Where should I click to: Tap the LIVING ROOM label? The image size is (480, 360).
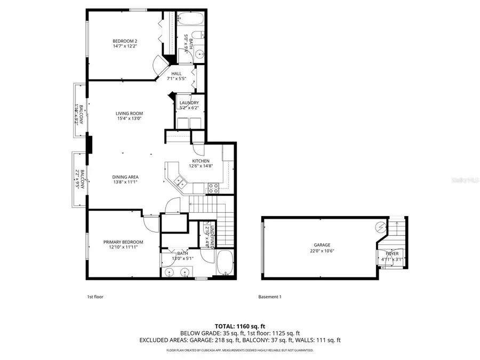(x=130, y=113)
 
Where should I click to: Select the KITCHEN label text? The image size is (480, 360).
(x=201, y=161)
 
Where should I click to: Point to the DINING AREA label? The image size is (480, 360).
(x=125, y=177)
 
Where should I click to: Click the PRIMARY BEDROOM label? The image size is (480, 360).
(x=123, y=242)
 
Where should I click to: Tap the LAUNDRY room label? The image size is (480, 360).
(x=189, y=103)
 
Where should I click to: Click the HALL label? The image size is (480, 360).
(x=176, y=74)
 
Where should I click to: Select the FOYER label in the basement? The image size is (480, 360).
(x=392, y=254)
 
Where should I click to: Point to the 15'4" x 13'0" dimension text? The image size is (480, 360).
(x=130, y=118)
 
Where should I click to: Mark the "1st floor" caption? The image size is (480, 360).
(x=94, y=297)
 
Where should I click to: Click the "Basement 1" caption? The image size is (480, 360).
(x=269, y=297)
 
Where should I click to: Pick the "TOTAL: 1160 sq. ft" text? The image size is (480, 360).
(x=239, y=325)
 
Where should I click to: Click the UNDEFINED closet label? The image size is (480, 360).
(x=212, y=234)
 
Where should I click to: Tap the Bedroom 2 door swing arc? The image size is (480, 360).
(x=159, y=66)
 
